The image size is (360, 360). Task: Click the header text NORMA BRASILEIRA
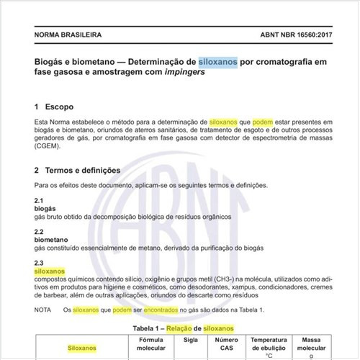(x=68, y=34)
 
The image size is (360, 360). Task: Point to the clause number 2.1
(x=40, y=199)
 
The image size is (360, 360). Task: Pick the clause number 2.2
(x=40, y=231)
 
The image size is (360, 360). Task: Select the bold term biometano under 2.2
(x=53, y=240)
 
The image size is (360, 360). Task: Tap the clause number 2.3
(x=40, y=263)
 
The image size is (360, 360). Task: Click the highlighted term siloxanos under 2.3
(x=50, y=271)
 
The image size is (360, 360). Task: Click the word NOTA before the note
(x=42, y=310)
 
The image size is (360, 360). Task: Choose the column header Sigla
(x=191, y=338)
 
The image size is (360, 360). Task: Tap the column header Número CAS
(x=227, y=343)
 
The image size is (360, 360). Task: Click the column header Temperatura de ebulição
(x=269, y=343)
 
